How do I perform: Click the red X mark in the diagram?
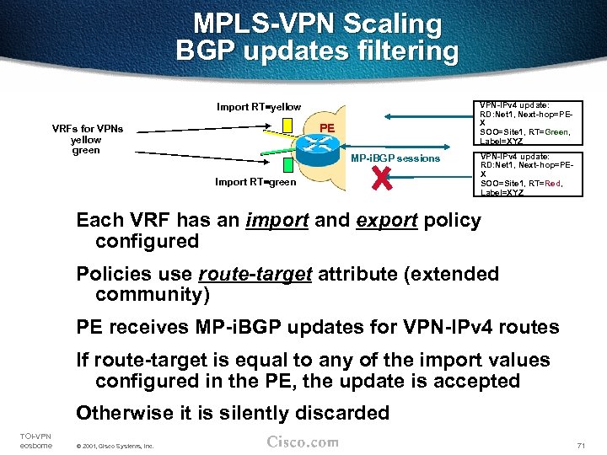pyautogui.click(x=383, y=178)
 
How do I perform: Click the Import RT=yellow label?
pyautogui.click(x=258, y=107)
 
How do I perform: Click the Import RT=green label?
pyautogui.click(x=255, y=182)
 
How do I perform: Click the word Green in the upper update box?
pyautogui.click(x=554, y=131)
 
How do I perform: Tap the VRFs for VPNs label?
pyautogui.click(x=87, y=129)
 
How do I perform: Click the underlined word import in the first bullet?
pyautogui.click(x=273, y=221)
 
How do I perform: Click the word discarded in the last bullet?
pyautogui.click(x=341, y=413)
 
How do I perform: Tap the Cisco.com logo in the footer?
pyautogui.click(x=303, y=442)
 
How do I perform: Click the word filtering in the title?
pyautogui.click(x=396, y=51)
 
